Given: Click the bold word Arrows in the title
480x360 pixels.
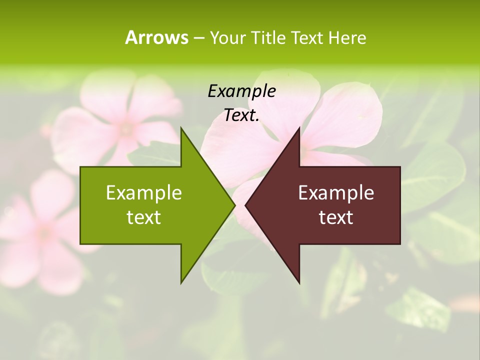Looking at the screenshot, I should (156, 37).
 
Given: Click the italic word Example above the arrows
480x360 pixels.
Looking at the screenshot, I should (241, 91).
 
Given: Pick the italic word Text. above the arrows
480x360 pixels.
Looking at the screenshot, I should (241, 115).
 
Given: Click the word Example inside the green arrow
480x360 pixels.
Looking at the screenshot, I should (144, 192).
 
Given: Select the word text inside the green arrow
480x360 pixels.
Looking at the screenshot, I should (144, 217).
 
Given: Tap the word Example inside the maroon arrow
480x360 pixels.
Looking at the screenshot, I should (336, 192).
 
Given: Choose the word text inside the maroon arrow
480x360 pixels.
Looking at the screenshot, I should (336, 217).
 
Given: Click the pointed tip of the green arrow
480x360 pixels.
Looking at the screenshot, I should (234, 205).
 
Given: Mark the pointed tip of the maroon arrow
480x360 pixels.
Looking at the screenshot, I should (246, 205).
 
